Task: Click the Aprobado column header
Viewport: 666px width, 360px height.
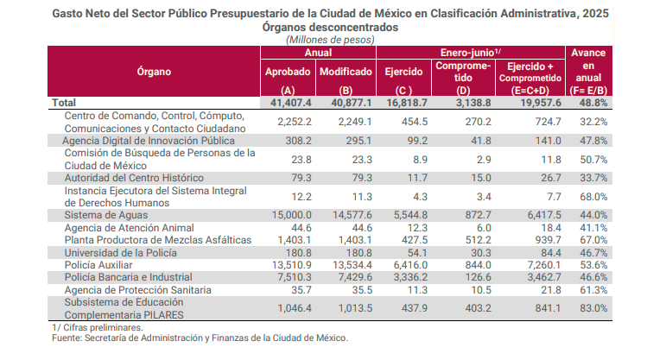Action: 288,71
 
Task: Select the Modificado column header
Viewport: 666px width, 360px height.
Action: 346,71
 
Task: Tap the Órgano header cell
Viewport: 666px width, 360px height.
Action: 154,71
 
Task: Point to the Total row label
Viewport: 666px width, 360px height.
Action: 65,102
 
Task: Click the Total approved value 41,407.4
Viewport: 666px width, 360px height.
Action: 288,102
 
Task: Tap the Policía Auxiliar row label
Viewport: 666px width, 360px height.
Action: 100,264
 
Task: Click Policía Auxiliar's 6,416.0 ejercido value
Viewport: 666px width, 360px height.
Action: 405,264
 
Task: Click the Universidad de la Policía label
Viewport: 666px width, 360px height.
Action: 120,252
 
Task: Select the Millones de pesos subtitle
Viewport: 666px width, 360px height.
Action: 330,40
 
